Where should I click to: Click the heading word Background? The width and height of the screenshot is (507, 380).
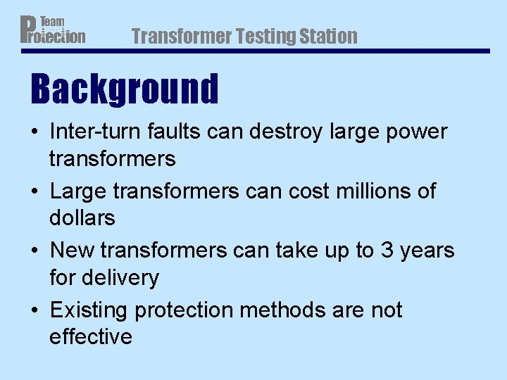tap(125, 89)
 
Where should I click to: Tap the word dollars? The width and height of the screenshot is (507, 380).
tap(82, 218)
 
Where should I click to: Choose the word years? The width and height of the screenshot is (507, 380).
tap(427, 251)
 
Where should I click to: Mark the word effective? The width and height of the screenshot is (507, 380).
tap(90, 336)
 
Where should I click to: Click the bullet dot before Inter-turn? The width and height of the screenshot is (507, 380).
tap(35, 132)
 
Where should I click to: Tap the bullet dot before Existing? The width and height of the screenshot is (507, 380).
tap(35, 310)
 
